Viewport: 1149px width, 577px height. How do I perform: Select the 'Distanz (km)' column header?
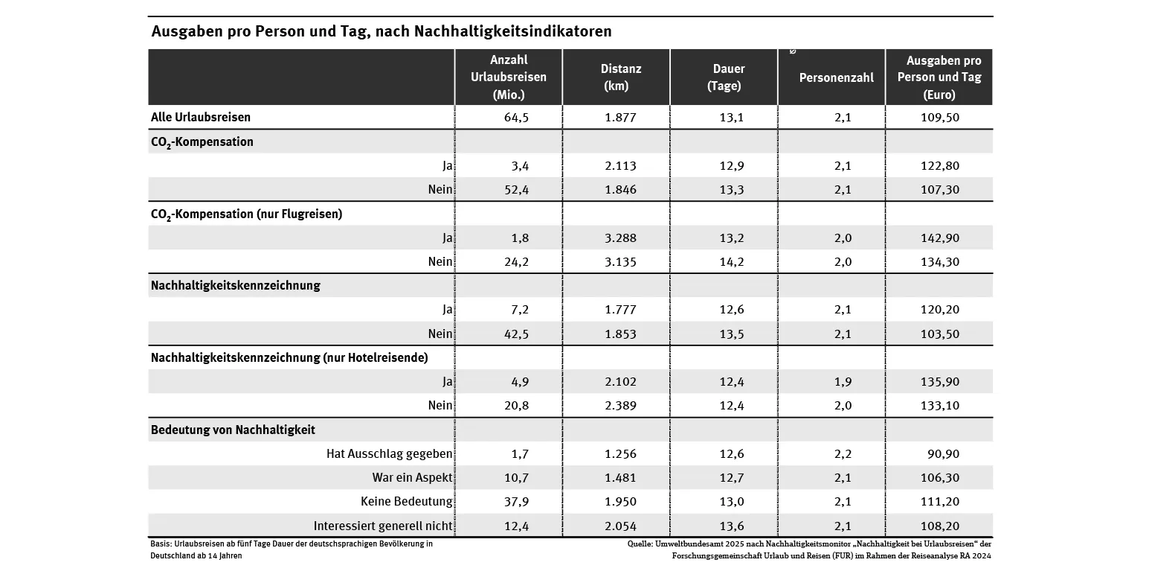[620, 77]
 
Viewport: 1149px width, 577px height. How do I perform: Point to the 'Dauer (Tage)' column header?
[724, 77]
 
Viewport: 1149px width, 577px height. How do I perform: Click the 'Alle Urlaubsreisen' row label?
[201, 117]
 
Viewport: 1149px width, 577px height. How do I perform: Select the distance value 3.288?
[620, 238]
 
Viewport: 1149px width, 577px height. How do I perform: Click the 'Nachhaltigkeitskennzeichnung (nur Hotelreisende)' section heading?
[289, 357]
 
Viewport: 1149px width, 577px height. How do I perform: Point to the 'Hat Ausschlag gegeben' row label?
[390, 453]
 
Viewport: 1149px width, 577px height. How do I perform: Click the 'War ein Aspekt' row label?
[412, 477]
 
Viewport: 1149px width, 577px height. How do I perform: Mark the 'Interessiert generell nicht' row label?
[383, 526]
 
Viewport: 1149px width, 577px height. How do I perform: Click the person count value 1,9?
[843, 381]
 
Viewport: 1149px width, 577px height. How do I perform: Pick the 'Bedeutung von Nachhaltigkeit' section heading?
[233, 430]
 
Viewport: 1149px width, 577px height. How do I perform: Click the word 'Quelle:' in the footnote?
[640, 544]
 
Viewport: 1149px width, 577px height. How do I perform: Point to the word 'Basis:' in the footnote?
[161, 544]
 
